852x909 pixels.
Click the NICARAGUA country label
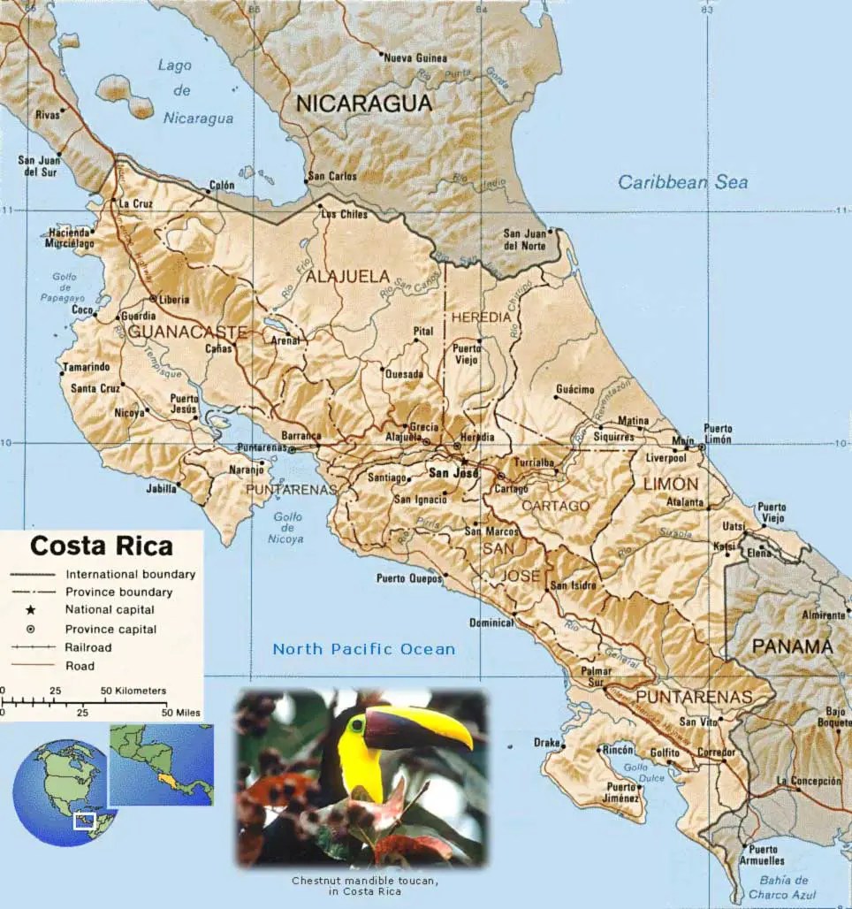(x=363, y=103)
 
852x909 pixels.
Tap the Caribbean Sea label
(x=682, y=183)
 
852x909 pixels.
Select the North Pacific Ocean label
(x=363, y=649)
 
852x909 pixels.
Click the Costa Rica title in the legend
(x=102, y=545)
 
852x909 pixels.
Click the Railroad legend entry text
(x=88, y=647)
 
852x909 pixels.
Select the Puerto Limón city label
(x=718, y=434)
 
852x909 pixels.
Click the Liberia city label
(x=173, y=300)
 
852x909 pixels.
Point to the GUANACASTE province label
(x=186, y=332)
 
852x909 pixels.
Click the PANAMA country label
(x=792, y=646)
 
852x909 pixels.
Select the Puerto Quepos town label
(x=407, y=579)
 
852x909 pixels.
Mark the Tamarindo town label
(x=85, y=367)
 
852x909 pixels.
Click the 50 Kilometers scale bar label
(x=133, y=691)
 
